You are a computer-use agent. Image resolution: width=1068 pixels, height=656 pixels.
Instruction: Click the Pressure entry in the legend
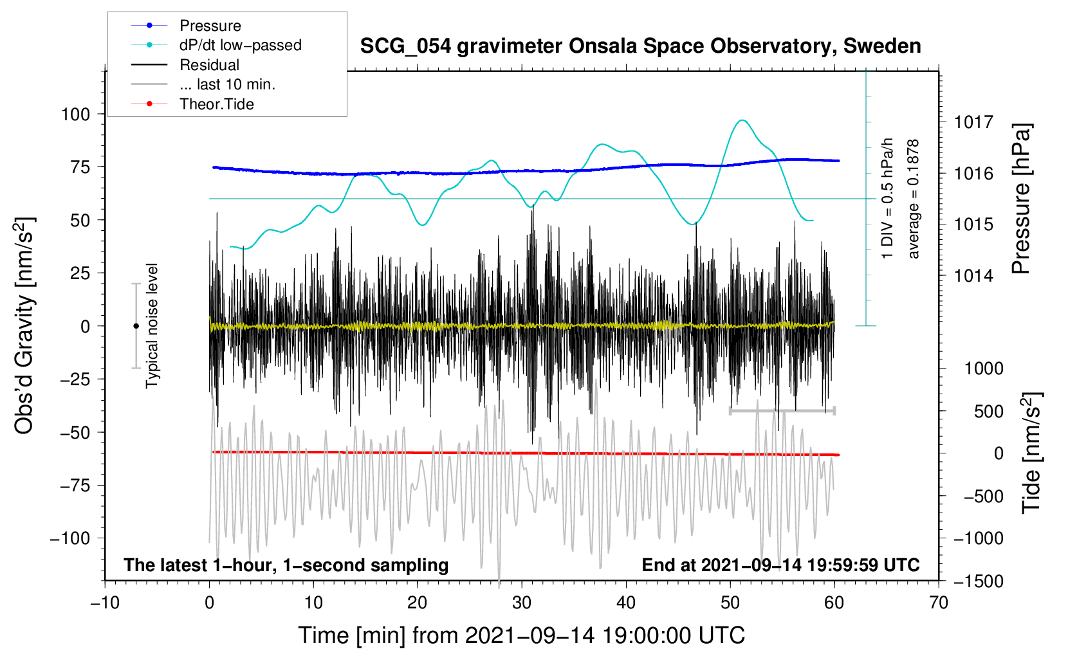pos(210,26)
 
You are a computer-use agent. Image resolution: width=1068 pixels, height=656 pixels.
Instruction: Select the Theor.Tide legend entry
pos(216,104)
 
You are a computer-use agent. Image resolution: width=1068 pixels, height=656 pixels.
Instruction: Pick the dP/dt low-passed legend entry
pos(240,46)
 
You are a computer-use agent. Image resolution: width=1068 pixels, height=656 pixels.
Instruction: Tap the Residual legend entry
pos(209,65)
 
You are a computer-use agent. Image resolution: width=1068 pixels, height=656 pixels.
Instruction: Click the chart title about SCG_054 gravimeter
pos(640,46)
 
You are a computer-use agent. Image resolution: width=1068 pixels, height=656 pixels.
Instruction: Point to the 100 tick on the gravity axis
pos(75,114)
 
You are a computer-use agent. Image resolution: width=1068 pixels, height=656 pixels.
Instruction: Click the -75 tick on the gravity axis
pos(75,485)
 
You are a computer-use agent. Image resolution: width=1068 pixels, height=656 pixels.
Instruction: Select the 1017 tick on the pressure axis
pos(973,122)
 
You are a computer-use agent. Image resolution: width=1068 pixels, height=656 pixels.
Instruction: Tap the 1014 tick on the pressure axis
pos(973,276)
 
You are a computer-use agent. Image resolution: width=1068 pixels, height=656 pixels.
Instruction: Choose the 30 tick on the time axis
pos(522,603)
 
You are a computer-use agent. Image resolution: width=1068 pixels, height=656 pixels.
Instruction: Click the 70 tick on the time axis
pos(939,603)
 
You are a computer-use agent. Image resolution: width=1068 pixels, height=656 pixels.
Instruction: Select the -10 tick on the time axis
pos(105,603)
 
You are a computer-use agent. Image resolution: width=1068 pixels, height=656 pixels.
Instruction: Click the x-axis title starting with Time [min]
pos(522,635)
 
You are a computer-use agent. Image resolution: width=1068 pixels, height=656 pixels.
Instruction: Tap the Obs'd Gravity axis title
pos(24,326)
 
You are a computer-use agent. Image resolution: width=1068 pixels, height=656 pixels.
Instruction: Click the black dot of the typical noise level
pos(136,326)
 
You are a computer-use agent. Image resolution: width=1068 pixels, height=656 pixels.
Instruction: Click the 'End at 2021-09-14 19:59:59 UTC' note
pos(780,565)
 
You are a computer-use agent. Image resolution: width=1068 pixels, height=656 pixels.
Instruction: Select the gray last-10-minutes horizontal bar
pos(782,410)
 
